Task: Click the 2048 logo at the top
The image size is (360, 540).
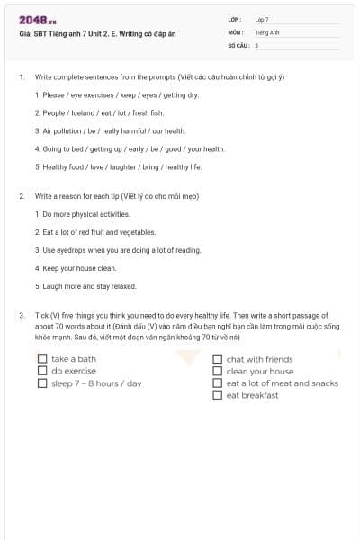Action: (37, 20)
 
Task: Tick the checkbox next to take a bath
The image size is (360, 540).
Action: (42, 359)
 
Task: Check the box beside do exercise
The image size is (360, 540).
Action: (42, 371)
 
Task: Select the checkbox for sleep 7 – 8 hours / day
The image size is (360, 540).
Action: (42, 383)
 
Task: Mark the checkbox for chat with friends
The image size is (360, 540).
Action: (218, 359)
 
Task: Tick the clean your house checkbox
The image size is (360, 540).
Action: (218, 371)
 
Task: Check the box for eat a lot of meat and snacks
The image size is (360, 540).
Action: (218, 383)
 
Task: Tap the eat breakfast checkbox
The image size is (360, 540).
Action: (218, 395)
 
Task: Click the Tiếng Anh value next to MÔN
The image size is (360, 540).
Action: (268, 31)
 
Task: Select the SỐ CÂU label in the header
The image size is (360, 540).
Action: (237, 44)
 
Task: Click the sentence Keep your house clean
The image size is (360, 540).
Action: (76, 268)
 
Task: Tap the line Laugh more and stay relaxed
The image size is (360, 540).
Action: (85, 286)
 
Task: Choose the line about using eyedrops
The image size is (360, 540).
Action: (118, 250)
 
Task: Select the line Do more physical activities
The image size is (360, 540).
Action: (83, 214)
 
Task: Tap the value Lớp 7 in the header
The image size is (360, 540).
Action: (262, 19)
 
